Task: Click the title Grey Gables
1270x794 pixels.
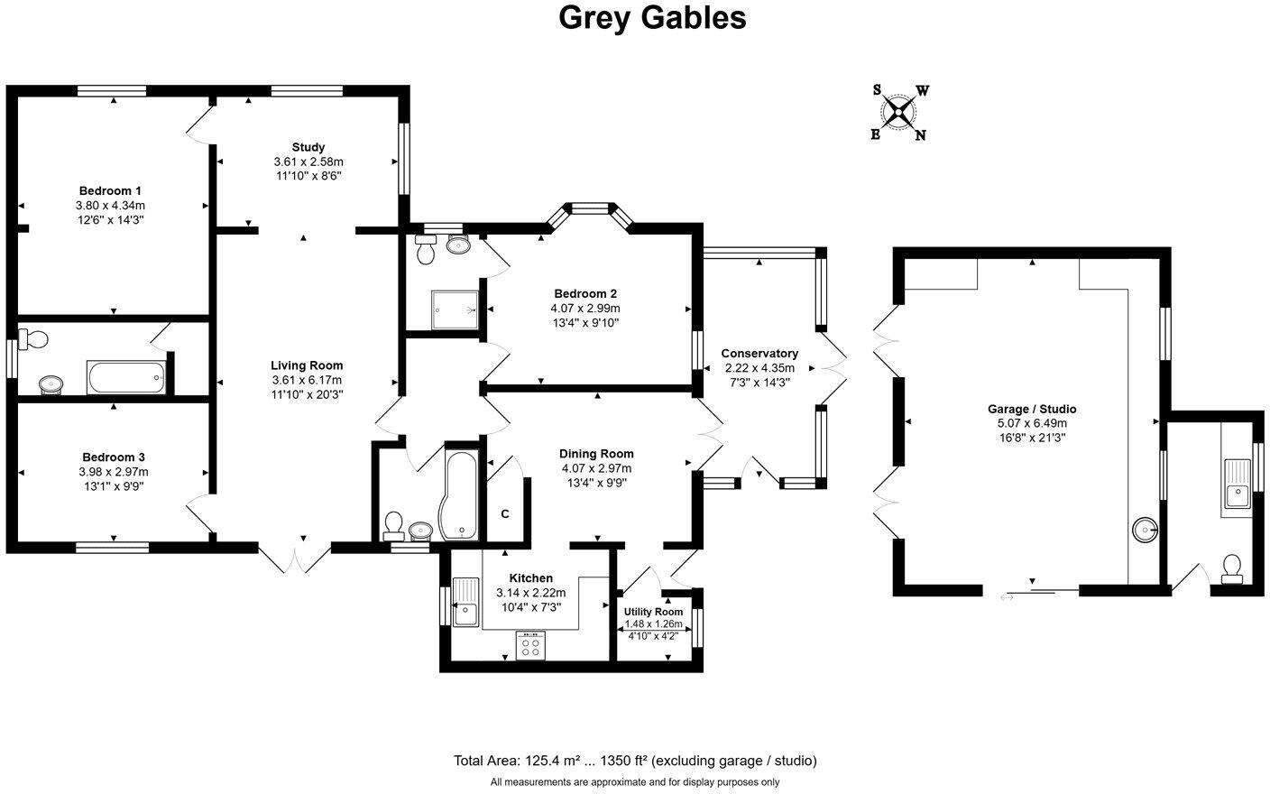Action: coord(652,17)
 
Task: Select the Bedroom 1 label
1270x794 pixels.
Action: coord(110,190)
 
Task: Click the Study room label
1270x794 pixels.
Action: coord(308,147)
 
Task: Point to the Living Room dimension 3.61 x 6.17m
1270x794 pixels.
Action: coord(308,380)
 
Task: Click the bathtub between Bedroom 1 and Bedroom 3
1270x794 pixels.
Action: coord(126,377)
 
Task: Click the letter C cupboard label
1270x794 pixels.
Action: coord(505,514)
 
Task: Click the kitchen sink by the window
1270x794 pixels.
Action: coord(466,602)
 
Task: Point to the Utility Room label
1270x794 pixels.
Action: coord(654,612)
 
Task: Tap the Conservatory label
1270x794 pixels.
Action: coord(759,354)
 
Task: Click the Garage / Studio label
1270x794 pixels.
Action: coord(1032,409)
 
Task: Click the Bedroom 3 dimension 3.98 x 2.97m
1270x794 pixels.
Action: coord(114,472)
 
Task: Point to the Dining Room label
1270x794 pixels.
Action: coord(596,454)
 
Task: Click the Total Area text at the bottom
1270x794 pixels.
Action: coord(634,761)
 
